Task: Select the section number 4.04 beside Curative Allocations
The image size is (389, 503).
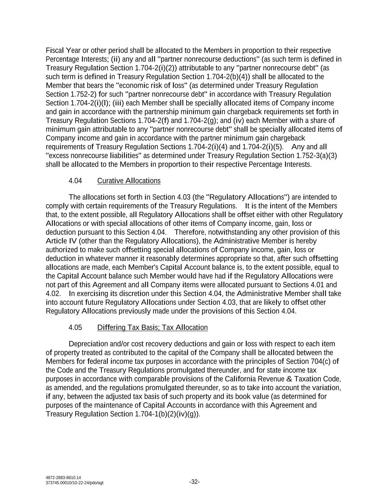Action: pos(75,181)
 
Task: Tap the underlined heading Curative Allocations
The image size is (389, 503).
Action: pos(129,181)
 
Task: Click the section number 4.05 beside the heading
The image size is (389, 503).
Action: pos(75,328)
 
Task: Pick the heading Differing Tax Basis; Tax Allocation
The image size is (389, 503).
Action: pos(152,328)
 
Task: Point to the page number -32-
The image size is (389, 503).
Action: pos(194,482)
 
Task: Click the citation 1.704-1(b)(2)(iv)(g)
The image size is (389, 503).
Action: pos(166,414)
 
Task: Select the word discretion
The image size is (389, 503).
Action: pos(138,294)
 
